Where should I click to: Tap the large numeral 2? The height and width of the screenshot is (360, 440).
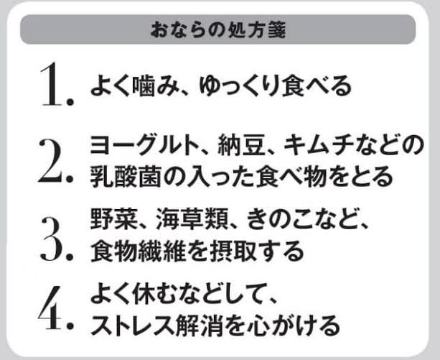52,161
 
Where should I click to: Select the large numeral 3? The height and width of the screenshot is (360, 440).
53,239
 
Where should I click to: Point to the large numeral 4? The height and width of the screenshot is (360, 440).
50,308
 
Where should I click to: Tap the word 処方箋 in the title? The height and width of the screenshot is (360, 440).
253,30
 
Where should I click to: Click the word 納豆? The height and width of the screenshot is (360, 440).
242,145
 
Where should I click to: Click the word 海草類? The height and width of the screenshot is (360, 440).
191,218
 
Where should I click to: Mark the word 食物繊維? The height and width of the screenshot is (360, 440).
138,251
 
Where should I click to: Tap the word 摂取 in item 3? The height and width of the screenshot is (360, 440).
233,251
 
